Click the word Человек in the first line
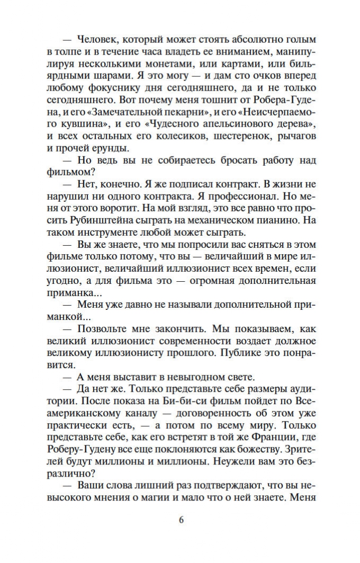coord(99,39)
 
